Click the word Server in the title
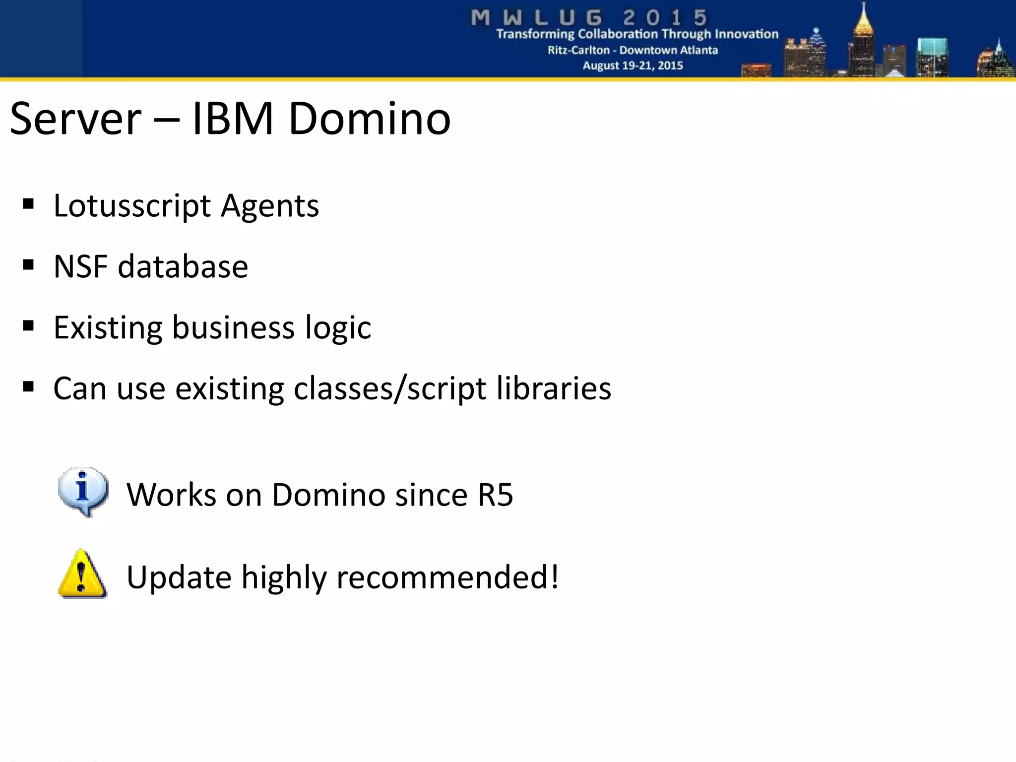(x=75, y=119)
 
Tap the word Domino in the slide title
(x=369, y=119)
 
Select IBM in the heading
(x=232, y=119)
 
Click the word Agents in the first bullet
(x=269, y=206)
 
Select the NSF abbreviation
(x=80, y=266)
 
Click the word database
(x=183, y=266)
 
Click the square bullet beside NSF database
(x=28, y=265)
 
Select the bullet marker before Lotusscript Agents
(x=28, y=204)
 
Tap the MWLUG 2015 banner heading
(x=589, y=18)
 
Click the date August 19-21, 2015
(x=633, y=65)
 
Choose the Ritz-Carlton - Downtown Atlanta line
(x=633, y=50)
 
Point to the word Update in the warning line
(x=179, y=577)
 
